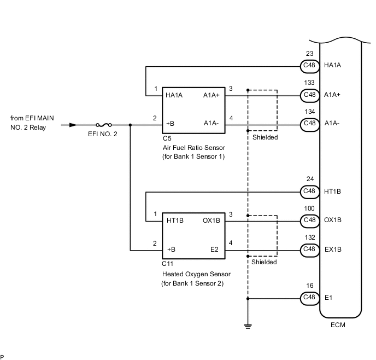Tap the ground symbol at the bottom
point(248,326)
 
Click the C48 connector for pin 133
point(309,95)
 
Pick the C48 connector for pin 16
point(309,298)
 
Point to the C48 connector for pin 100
point(309,220)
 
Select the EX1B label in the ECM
point(333,249)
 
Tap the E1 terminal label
point(328,298)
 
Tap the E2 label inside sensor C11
point(215,249)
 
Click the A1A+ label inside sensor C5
point(212,95)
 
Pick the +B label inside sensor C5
point(171,124)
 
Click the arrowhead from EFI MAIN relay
point(66,125)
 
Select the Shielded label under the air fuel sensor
point(265,137)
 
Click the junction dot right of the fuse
point(131,125)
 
